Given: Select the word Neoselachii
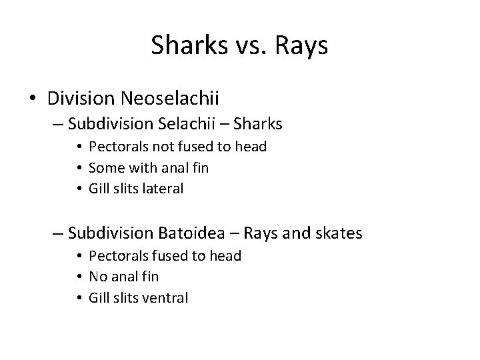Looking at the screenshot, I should (x=171, y=98).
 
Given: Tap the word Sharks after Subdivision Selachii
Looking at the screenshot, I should (x=256, y=123).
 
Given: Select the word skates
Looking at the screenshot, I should (x=339, y=233).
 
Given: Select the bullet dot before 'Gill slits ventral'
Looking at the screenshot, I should (x=79, y=298).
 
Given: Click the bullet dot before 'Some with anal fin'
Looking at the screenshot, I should (x=79, y=168).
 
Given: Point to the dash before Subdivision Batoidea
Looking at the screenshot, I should (x=57, y=233).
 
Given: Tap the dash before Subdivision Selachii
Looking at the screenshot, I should (x=57, y=123).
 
